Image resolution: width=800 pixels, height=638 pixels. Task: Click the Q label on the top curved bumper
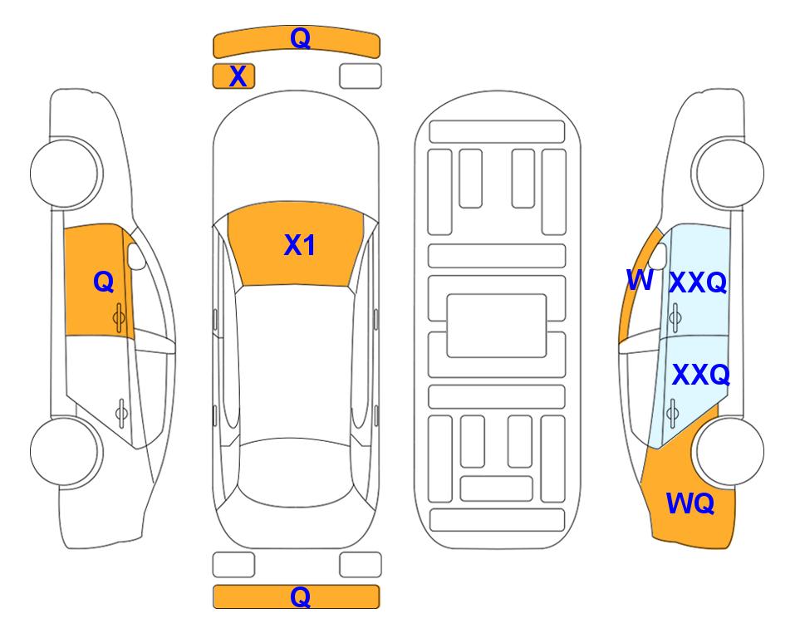coord(300,38)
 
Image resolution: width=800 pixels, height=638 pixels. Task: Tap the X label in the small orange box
coord(238,76)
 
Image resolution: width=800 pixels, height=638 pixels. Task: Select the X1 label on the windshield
coord(300,245)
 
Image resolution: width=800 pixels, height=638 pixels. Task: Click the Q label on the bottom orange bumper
coord(300,596)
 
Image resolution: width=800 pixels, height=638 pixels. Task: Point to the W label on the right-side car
coord(640,280)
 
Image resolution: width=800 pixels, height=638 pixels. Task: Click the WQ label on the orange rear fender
coord(690,503)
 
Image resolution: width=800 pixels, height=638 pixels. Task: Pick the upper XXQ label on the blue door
coord(698,282)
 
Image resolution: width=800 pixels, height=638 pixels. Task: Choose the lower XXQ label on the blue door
coord(701,375)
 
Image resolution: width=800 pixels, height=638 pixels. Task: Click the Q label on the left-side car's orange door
coord(104,282)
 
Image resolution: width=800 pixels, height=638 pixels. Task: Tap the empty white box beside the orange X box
coord(361,76)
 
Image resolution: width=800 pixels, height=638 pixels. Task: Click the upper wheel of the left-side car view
coord(64,174)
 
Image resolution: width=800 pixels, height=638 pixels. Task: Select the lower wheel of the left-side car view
coord(64,452)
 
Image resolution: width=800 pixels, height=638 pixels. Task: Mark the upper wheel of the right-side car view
coord(730,174)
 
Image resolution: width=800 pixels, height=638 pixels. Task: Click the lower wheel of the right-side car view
coord(730,452)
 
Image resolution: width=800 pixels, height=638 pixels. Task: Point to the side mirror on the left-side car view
coord(136,256)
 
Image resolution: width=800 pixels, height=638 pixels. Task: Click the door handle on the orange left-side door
coord(120,317)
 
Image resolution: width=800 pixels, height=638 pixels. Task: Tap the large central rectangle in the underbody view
coord(497,326)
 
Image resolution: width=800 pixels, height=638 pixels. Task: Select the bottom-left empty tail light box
coord(233,565)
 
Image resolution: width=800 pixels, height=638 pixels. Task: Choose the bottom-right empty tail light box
coord(361,565)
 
